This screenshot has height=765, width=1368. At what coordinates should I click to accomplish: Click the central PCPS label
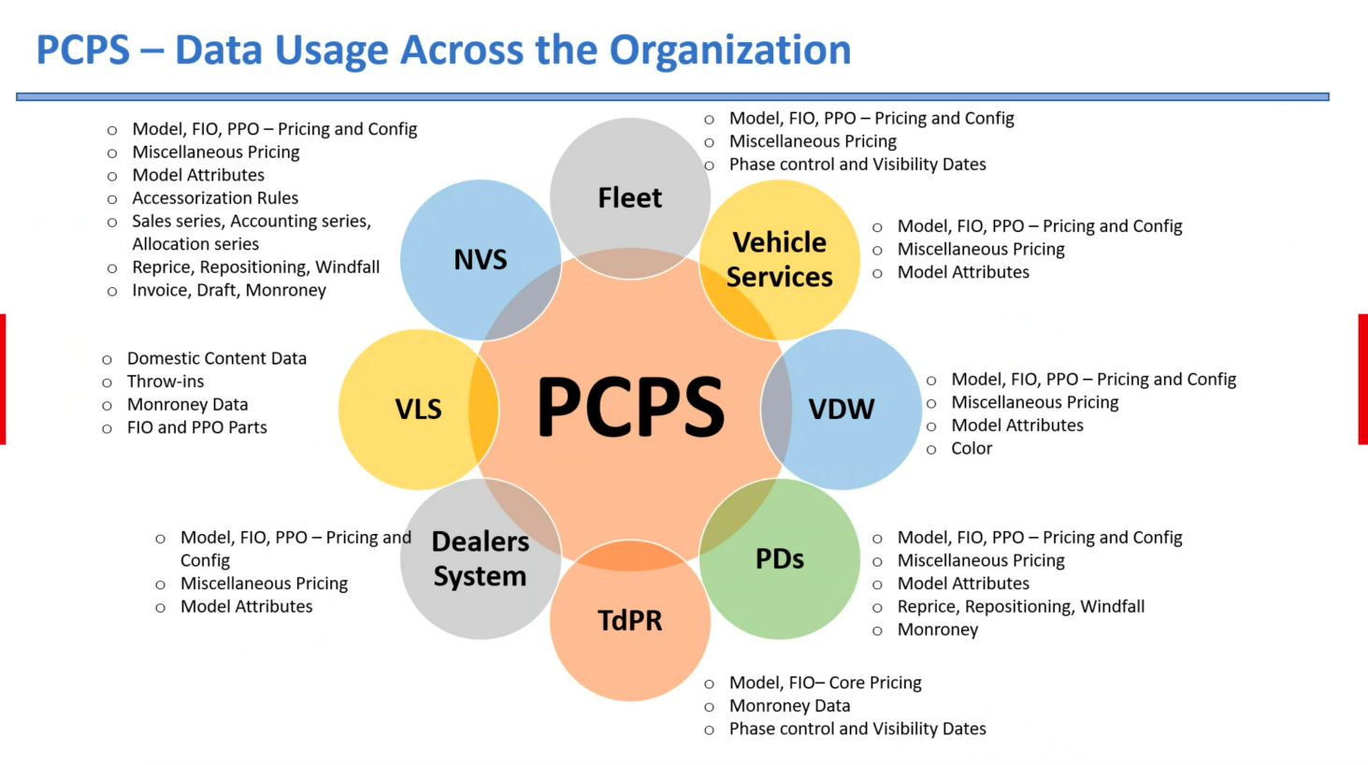pos(630,408)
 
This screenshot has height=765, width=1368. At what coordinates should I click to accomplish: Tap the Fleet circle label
pos(630,198)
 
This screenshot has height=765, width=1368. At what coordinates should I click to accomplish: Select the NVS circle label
pos(481,259)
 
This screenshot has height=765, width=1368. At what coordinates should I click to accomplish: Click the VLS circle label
pos(418,409)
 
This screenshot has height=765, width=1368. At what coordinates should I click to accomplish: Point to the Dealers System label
pos(481,558)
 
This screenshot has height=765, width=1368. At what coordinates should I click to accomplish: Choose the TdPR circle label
pos(630,620)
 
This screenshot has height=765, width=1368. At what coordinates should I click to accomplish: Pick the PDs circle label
pos(780,558)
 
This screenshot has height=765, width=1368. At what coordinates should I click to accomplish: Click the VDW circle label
pos(842,409)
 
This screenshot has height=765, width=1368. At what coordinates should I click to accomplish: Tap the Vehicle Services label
pos(780,259)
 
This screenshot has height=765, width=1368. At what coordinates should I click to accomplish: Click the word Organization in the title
pos(730,51)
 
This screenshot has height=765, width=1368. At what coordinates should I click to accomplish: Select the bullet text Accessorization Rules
pos(215,198)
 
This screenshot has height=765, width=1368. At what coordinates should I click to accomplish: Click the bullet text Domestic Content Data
pos(217,358)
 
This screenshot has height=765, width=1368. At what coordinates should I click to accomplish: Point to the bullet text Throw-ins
pos(166,382)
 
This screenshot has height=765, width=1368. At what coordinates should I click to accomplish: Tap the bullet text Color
pos(972,448)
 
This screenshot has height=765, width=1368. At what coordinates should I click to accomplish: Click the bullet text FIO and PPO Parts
pos(197,427)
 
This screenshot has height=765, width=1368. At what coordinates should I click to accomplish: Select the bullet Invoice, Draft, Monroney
pos(229,290)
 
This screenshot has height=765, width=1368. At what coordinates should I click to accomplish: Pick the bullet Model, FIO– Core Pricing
pos(825,683)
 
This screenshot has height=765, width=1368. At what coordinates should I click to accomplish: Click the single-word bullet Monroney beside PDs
pos(938,629)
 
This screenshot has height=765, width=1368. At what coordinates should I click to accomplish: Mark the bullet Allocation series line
pos(195,244)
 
